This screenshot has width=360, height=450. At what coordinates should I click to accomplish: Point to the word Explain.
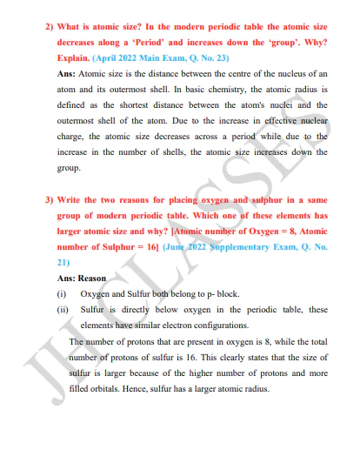[x=73, y=57]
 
